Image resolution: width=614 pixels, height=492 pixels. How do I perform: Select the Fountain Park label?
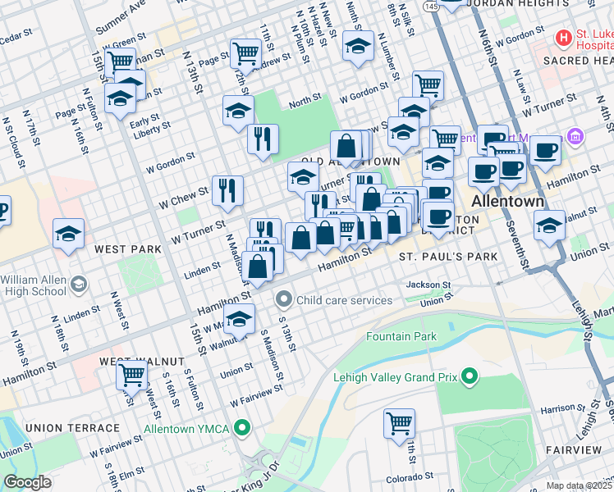[401, 336]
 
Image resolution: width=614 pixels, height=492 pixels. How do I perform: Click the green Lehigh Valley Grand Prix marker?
[470, 378]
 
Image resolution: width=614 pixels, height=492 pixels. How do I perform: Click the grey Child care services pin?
[284, 300]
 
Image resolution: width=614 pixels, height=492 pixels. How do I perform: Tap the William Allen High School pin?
[79, 285]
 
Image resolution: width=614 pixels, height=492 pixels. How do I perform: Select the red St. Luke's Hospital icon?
[563, 38]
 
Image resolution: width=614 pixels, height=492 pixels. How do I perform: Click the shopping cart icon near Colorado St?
[399, 423]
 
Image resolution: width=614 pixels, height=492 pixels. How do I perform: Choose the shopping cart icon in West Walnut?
[131, 376]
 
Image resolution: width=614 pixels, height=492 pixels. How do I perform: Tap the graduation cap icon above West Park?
[68, 234]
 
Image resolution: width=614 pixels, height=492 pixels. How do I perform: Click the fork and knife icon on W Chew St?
[227, 190]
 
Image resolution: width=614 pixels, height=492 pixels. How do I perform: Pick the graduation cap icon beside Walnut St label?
[239, 319]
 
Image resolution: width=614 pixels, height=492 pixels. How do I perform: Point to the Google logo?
[27, 483]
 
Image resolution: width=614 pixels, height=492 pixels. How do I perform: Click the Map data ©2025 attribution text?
[579, 485]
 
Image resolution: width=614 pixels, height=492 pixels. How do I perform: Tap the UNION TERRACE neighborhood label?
[72, 428]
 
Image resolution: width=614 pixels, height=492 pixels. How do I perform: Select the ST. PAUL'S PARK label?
[448, 257]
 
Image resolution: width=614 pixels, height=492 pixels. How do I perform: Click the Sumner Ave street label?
[120, 17]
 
